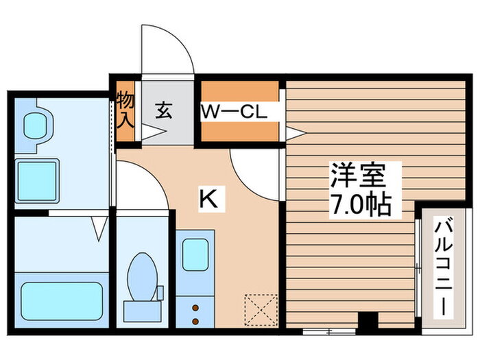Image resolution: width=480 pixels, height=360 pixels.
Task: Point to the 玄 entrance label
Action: click(164, 109)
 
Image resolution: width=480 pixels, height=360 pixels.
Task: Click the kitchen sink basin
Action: click(195, 254)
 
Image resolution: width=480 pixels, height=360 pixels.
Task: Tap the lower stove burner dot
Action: click(195, 320)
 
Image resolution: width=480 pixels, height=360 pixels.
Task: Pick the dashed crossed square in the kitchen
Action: click(261, 310)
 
